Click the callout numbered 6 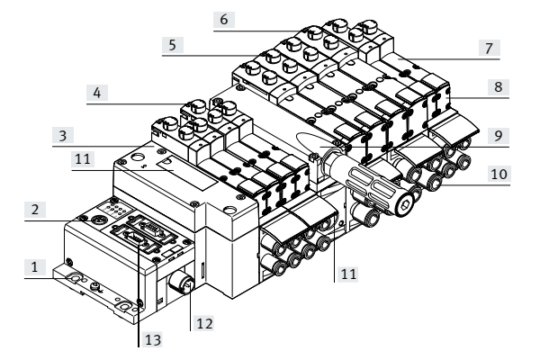[224, 17]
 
